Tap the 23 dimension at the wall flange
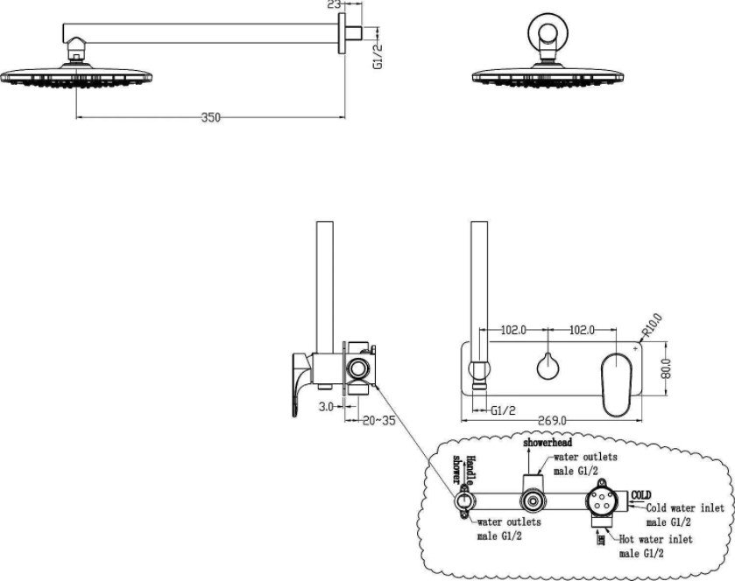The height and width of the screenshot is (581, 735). (332, 5)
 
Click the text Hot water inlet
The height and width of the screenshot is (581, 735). (653, 539)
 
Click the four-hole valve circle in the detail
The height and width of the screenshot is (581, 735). (603, 501)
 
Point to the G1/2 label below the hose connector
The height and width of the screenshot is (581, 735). (501, 409)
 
